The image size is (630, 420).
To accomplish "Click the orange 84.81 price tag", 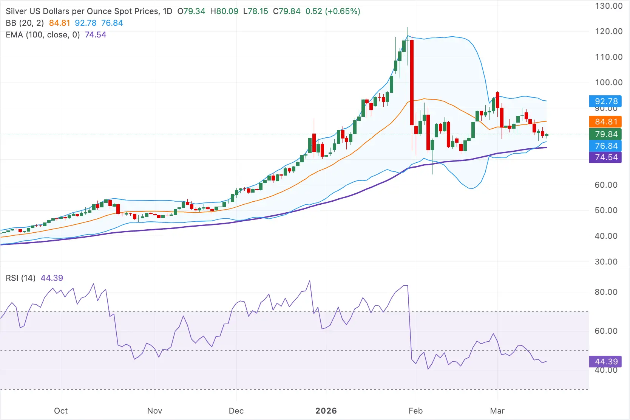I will pos(605,122).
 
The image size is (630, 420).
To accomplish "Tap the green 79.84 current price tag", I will pos(605,134).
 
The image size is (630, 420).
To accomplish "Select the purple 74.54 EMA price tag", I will pos(605,157).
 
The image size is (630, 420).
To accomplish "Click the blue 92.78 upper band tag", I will pos(605,101).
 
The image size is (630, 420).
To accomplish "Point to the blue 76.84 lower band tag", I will pos(605,146).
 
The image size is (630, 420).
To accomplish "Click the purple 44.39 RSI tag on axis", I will pos(605,362).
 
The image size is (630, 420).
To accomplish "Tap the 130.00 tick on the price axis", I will pos(608,6).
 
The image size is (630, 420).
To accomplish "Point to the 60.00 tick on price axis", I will pos(606,185).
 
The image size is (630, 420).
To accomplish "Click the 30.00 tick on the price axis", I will pos(606,262).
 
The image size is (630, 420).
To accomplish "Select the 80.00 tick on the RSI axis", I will pos(606,292).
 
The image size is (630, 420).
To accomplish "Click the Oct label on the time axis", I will pos(61,411).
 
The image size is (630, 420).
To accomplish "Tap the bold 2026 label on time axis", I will pos(326,411).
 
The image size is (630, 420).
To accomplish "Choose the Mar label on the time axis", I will pos(497,411).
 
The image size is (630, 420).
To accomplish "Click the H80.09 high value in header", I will pos(224,11).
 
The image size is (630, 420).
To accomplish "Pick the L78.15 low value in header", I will pos(256,11).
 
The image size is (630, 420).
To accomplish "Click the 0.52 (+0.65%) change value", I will pos(333,11).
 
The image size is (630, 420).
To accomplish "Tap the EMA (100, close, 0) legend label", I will pos(43,35).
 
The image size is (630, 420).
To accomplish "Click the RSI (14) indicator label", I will pos(20,278).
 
